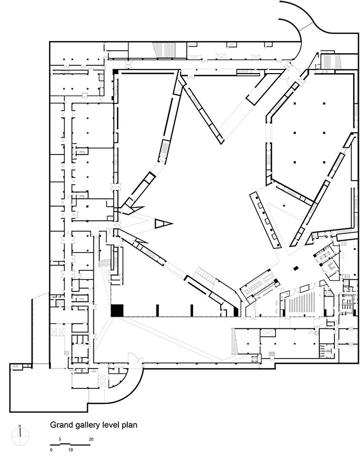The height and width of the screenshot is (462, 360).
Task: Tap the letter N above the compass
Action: point(20,426)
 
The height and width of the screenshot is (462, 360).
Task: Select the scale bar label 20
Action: point(91,439)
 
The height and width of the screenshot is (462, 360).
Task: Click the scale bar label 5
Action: point(60,439)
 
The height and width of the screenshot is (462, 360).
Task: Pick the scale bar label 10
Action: point(70,450)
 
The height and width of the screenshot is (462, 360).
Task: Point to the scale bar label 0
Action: point(51,450)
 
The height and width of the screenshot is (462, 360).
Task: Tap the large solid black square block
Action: point(117,311)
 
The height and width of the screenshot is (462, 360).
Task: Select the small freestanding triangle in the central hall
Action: point(162,223)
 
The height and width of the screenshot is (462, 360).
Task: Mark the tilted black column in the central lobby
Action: point(296,268)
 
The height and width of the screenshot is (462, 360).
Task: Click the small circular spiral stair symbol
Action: point(254,360)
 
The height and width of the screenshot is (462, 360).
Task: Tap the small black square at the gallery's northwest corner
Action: point(116,72)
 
